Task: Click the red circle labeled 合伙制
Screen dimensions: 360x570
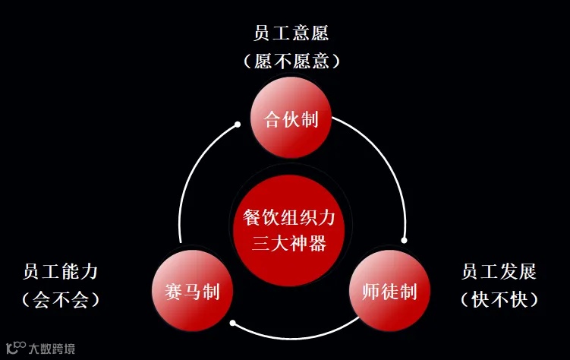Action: [291, 119]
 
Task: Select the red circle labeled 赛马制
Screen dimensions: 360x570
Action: [192, 291]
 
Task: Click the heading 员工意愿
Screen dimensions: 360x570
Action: [291, 34]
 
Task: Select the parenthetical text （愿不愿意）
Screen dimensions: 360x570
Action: [291, 61]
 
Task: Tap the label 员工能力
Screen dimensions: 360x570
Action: [61, 272]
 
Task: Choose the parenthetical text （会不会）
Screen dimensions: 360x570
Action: [61, 299]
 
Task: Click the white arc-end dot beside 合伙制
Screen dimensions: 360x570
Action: [238, 123]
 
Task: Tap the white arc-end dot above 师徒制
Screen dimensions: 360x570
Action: [404, 240]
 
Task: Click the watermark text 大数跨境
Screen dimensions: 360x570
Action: [52, 349]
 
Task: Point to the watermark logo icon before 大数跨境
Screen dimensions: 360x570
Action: [16, 348]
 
